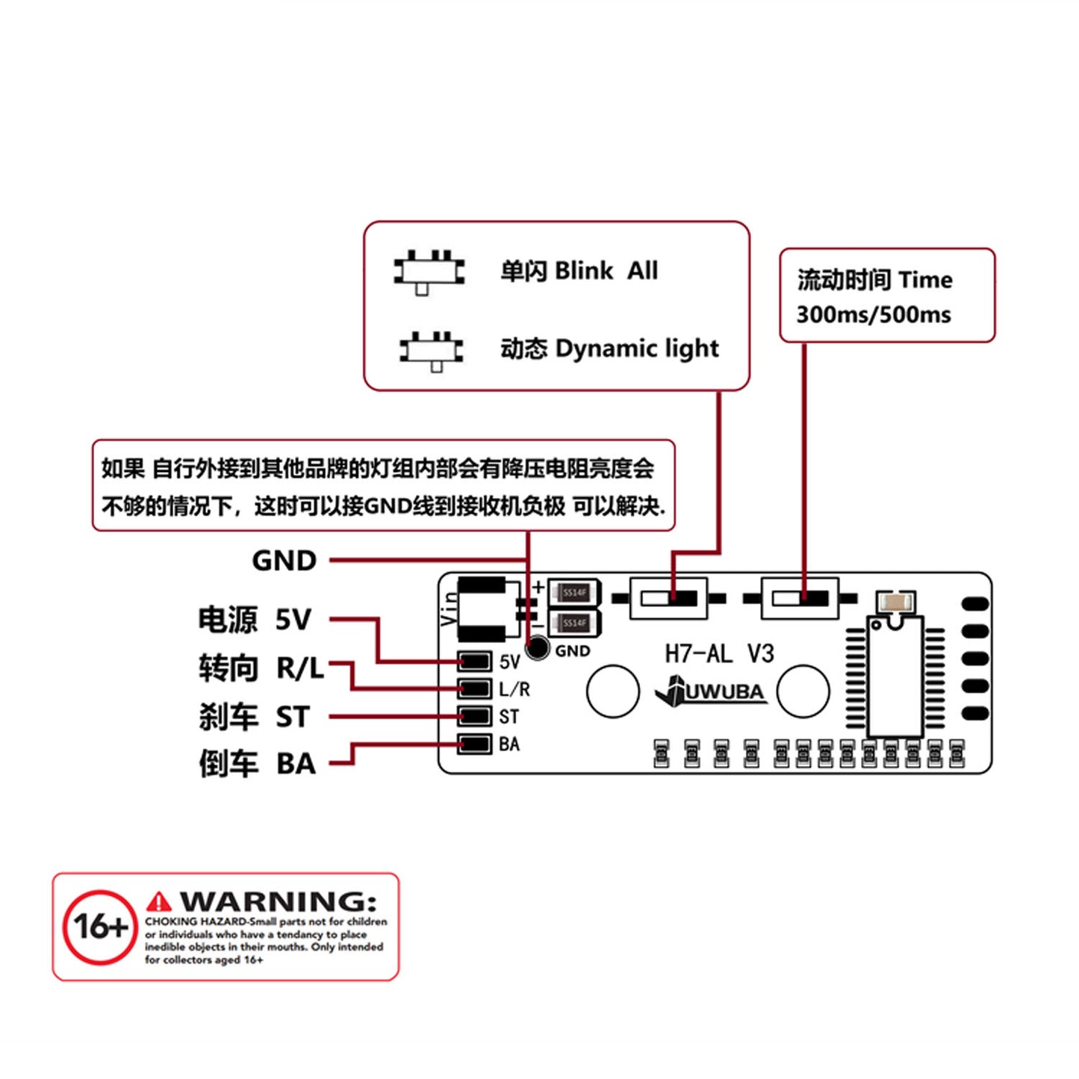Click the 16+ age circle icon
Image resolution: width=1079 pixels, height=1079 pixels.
[100, 927]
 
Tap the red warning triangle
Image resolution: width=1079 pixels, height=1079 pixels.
[158, 902]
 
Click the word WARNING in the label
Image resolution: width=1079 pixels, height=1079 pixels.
[278, 901]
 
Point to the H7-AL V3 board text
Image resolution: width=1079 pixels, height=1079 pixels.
[718, 654]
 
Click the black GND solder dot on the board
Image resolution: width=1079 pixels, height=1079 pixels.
[537, 648]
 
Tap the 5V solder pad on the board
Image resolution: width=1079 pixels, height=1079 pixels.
[474, 662]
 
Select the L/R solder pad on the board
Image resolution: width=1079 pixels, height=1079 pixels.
[474, 688]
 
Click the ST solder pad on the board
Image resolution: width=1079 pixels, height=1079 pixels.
[474, 716]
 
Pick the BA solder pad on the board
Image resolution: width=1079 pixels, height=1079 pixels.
[474, 744]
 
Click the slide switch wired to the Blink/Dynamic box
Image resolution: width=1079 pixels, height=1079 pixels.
[668, 598]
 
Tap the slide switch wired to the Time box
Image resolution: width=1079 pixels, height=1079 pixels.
[800, 598]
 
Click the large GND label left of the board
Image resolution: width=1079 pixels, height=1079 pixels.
[284, 560]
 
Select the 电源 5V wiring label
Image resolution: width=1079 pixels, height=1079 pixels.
[254, 620]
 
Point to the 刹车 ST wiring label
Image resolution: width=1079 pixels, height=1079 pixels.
[254, 717]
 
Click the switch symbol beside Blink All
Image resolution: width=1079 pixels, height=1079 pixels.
[429, 273]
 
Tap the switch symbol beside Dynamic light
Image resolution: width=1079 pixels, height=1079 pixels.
[432, 349]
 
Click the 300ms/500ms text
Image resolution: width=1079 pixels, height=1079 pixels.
[873, 314]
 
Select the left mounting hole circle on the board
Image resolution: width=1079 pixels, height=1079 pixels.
[612, 691]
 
